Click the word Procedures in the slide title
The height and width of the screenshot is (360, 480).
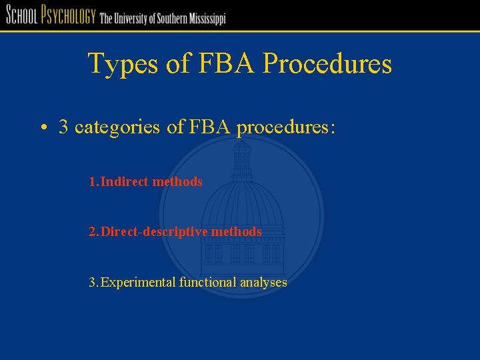coord(327,65)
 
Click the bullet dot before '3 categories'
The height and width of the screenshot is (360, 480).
coord(42,128)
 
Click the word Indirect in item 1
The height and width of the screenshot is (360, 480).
coord(125,181)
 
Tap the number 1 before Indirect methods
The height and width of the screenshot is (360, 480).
coord(93,181)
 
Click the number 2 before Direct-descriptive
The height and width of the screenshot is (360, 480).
coord(93,232)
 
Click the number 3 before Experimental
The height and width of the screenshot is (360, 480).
coord(93,283)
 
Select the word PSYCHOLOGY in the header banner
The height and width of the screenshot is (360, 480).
coord(69,15)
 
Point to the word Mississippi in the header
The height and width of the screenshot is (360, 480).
coord(203,19)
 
